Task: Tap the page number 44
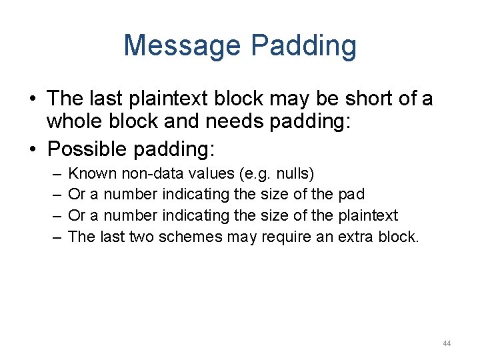[446, 343]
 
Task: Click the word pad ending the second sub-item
[351, 194]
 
